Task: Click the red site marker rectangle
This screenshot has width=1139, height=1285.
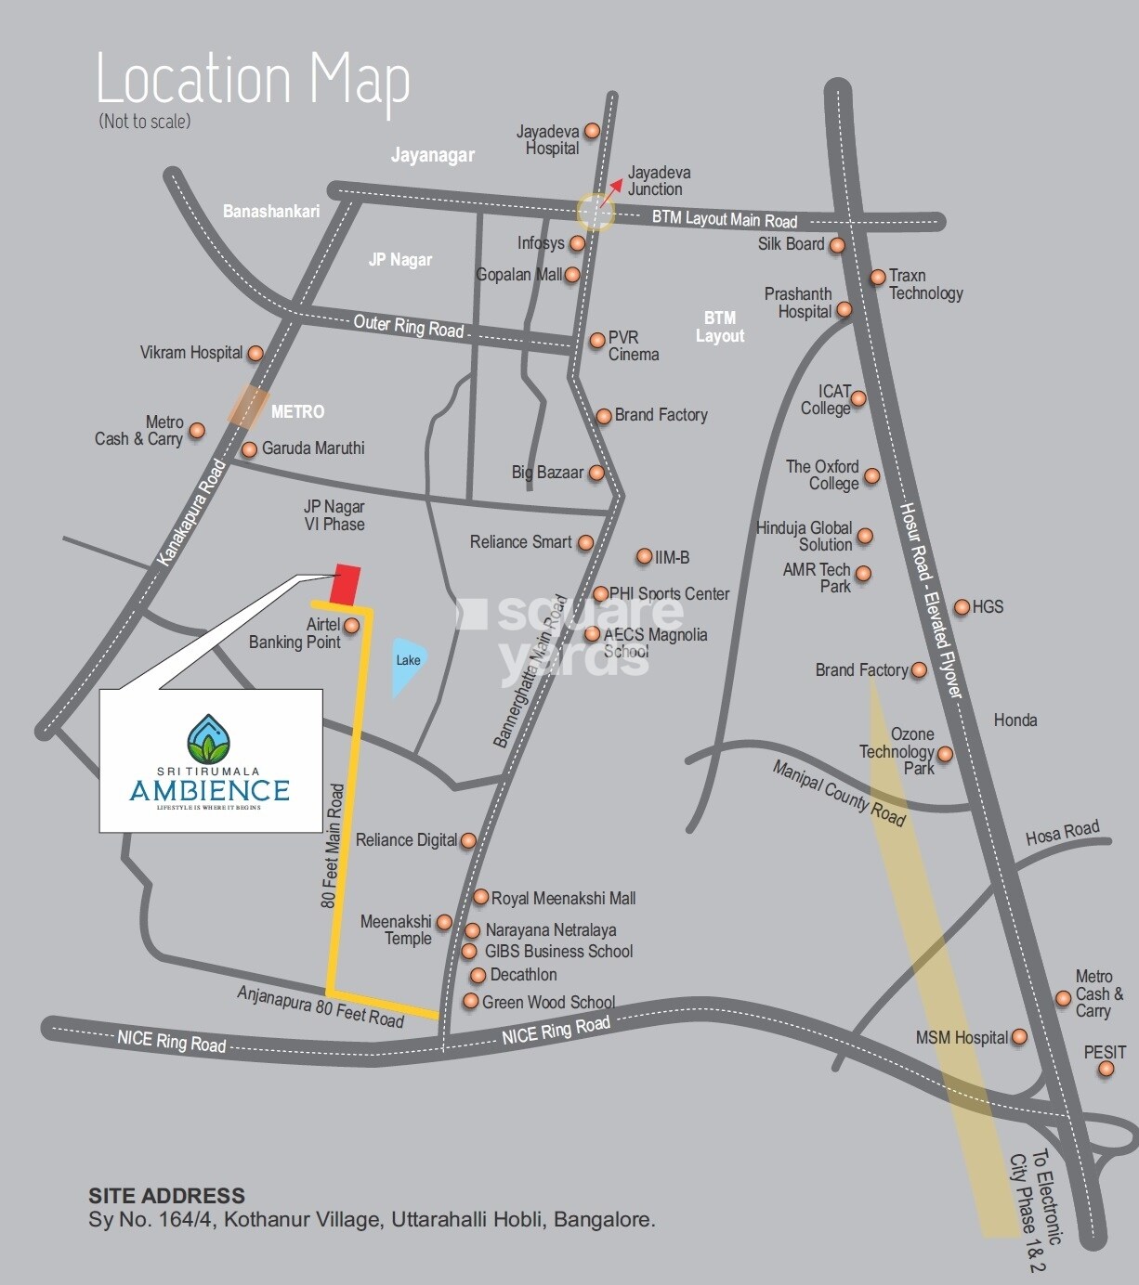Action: click(345, 583)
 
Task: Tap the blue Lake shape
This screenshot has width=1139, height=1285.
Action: click(406, 664)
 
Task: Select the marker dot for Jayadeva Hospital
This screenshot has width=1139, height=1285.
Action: click(592, 132)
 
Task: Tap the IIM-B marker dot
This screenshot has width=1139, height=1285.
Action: click(644, 557)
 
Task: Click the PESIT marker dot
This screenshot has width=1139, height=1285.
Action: click(1106, 1069)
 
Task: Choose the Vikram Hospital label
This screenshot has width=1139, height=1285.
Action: click(190, 353)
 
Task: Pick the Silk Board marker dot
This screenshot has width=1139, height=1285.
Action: click(837, 245)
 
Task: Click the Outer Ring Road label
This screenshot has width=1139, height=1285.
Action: click(409, 326)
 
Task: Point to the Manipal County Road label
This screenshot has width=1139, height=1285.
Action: click(839, 793)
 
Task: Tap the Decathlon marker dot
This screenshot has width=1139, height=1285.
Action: click(478, 975)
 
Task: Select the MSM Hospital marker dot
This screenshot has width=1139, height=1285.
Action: click(1019, 1037)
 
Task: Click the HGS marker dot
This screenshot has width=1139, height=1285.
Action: click(962, 607)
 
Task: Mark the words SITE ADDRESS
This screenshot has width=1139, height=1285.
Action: click(167, 1196)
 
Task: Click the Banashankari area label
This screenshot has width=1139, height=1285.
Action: click(271, 212)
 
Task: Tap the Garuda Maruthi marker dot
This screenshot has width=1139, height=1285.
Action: click(249, 449)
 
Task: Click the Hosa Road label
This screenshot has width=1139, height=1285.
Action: click(1062, 833)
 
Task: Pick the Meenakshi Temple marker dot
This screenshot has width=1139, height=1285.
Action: click(444, 922)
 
